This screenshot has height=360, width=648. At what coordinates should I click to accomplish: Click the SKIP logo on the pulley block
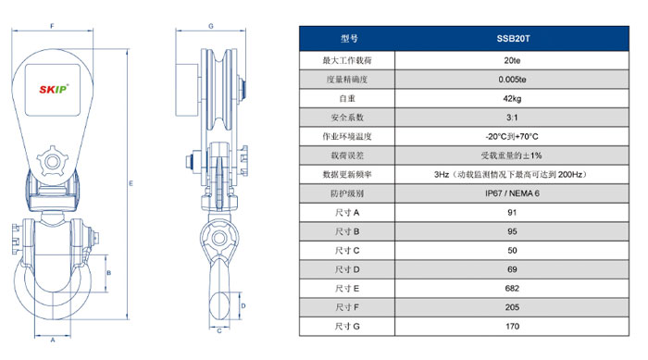tap(54, 89)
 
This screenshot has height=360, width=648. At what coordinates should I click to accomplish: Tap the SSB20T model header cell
tap(513, 39)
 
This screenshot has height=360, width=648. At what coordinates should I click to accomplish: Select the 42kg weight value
tap(512, 98)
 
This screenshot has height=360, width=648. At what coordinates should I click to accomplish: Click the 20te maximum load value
tap(512, 60)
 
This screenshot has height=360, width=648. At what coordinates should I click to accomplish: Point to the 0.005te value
tap(512, 80)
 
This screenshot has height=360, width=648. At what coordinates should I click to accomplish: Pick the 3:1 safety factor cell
tap(512, 118)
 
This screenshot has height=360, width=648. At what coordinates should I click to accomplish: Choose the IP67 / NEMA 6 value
tap(512, 193)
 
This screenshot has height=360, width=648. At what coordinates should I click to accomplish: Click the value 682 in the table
tap(512, 289)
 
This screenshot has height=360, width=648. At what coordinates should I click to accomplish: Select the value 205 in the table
tap(512, 307)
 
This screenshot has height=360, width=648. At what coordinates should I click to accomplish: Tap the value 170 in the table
tap(512, 326)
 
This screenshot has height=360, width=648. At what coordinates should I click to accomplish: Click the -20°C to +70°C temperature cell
tap(512, 136)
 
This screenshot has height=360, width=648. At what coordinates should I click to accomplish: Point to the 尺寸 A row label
tap(347, 213)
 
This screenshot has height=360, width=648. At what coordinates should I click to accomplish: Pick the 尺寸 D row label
tap(347, 269)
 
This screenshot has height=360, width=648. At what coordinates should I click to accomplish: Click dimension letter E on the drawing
tap(131, 183)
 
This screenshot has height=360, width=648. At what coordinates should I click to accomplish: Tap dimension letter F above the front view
tap(53, 26)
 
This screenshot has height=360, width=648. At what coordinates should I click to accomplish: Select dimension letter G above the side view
tap(211, 26)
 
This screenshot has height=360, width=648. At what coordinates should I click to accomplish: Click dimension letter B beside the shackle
tap(109, 273)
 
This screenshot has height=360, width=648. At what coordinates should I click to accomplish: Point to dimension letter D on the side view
tap(243, 305)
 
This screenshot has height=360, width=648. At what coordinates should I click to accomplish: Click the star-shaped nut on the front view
tap(52, 161)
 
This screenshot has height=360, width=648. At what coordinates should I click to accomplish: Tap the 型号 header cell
tap(349, 39)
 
